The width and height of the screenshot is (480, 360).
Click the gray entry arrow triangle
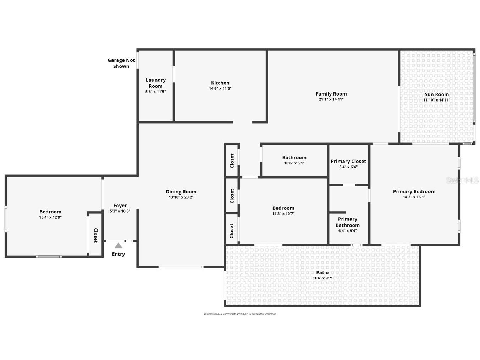[118, 245]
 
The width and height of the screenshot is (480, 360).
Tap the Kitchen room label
[220, 83]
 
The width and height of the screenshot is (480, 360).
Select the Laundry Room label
[155, 83]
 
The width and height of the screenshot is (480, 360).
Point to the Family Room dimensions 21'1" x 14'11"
[331, 99]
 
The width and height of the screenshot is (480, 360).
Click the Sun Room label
[437, 94]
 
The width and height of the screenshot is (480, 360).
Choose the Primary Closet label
[348, 161]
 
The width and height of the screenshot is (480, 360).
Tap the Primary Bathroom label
[347, 222]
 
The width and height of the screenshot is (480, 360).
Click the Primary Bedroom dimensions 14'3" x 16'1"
[414, 197]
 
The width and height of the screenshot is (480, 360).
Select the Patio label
[322, 272]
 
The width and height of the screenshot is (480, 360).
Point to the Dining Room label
[181, 191]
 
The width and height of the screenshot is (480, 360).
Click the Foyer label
[120, 205]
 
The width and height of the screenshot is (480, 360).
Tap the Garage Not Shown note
[121, 63]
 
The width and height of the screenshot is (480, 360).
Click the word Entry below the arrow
[118, 254]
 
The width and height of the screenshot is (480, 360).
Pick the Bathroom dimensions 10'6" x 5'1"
[294, 163]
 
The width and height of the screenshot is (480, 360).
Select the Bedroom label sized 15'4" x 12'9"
[50, 212]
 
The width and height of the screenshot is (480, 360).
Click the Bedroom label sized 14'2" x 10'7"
[283, 208]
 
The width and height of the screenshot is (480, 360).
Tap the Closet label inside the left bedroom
[95, 235]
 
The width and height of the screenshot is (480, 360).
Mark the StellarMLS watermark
[462, 180]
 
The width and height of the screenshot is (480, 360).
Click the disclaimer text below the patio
[240, 314]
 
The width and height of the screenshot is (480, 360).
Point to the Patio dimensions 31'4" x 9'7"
[322, 278]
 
